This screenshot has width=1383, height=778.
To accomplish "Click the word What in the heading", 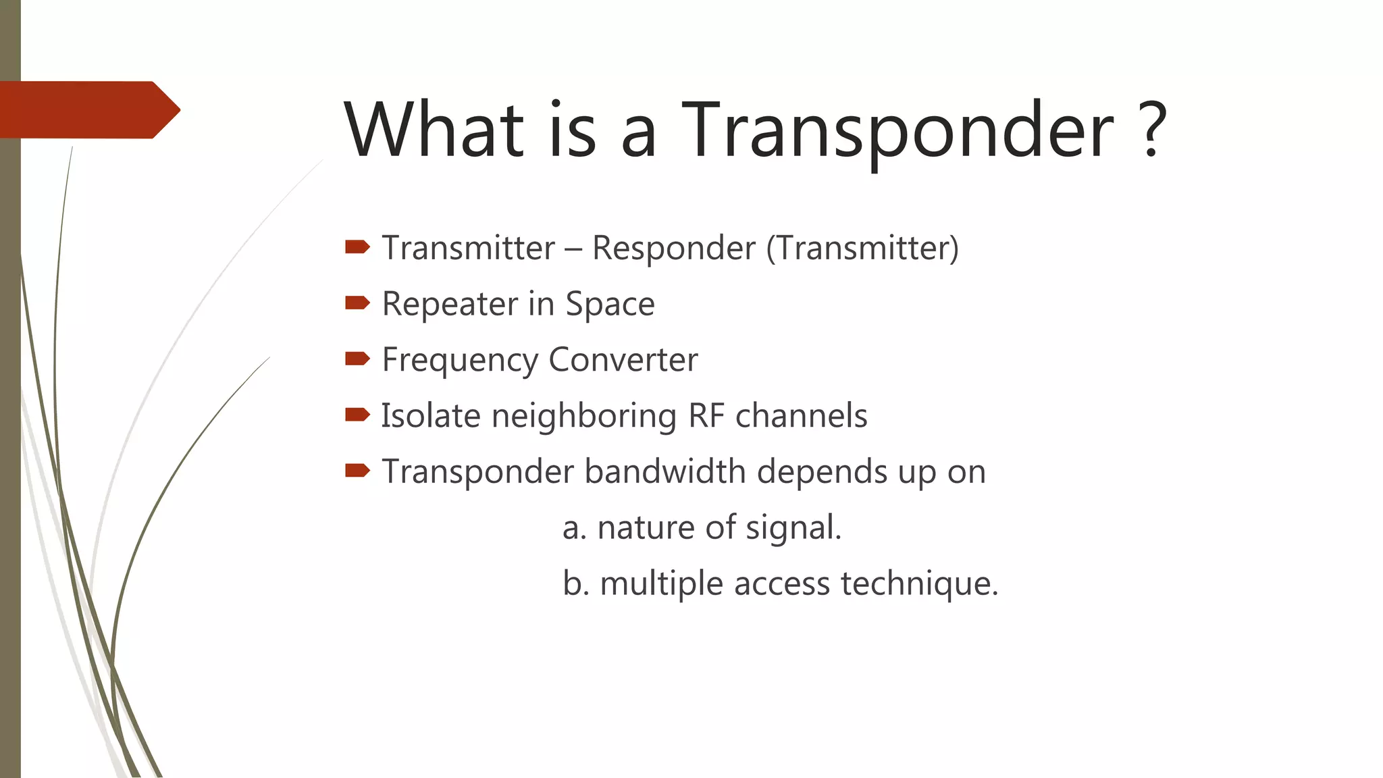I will [x=434, y=130].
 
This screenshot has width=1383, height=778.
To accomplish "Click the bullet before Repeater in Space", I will [x=357, y=303].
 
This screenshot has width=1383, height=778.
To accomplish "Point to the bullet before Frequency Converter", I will [x=357, y=359].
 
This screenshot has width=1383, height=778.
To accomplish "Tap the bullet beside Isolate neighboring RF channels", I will [x=357, y=415].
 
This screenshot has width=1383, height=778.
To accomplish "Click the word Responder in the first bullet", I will [x=673, y=249].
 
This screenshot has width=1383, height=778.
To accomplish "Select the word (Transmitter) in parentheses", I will [x=862, y=249].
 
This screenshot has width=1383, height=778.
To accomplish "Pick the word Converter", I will [x=623, y=360].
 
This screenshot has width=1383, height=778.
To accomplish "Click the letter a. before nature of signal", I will [x=574, y=528].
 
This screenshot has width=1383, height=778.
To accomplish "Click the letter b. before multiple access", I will [x=575, y=583].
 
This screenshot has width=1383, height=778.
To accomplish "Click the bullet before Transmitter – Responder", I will [x=357, y=247].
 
